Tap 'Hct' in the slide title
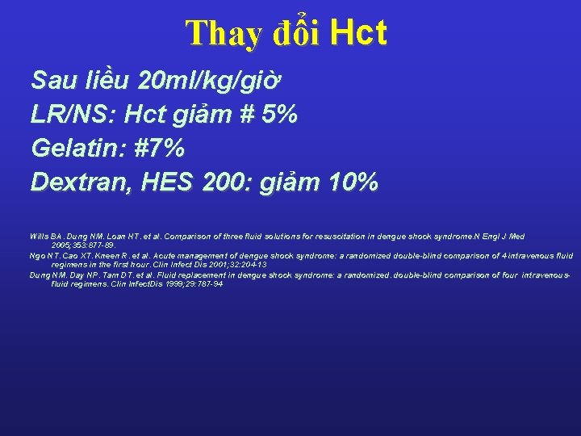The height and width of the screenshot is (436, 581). (x=359, y=33)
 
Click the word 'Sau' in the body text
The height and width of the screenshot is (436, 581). (x=54, y=81)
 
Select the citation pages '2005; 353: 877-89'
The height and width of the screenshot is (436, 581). (x=83, y=245)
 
